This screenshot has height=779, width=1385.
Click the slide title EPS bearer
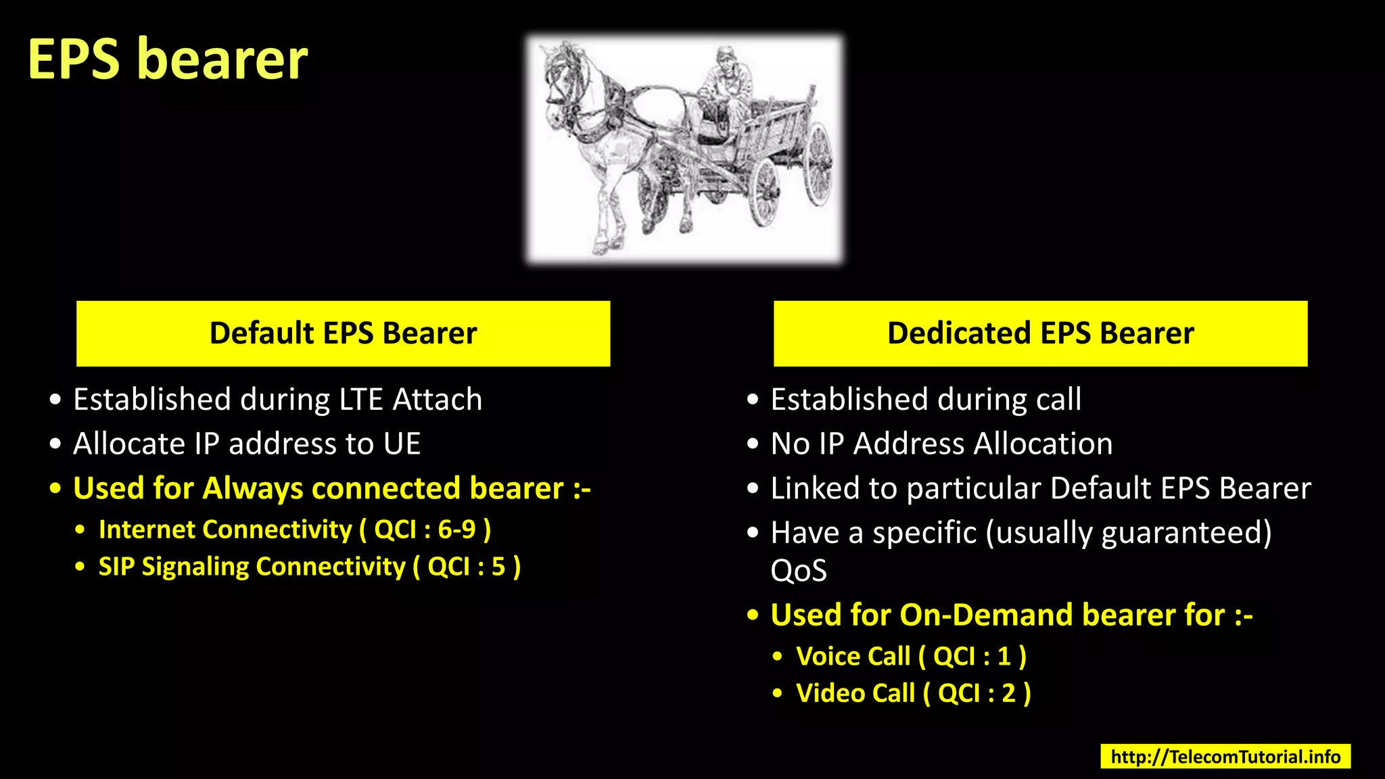168,60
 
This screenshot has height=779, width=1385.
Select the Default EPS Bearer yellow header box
343,333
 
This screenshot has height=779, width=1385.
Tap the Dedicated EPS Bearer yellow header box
1040,333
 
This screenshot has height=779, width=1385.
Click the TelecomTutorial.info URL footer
1225,756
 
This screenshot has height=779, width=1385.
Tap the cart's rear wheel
818,166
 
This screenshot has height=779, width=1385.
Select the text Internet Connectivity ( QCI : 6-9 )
294,529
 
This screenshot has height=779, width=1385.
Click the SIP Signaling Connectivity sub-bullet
309,567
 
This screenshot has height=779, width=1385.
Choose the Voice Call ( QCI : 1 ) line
910,656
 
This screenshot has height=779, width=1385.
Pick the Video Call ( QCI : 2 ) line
913,693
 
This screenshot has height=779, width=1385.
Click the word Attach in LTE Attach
437,400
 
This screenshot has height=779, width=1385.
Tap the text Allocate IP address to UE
247,444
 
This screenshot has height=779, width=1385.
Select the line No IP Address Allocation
941,444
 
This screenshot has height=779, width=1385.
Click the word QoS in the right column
798,571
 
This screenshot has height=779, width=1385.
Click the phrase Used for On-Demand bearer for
997,615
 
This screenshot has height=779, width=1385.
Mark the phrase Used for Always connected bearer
318,488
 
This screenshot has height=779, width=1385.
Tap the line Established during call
925,400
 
